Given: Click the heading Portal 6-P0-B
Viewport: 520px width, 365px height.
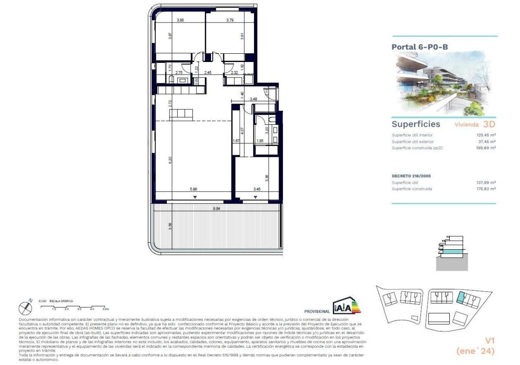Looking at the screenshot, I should [419, 47].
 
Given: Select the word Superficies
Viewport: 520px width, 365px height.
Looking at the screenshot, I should [416, 124].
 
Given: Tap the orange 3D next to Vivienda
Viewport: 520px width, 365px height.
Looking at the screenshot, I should [489, 124].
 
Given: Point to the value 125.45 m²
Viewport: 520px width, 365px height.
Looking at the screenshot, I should [485, 135].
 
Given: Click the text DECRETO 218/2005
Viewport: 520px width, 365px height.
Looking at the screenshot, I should [411, 176].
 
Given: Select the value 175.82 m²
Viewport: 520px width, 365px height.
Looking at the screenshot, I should [485, 189].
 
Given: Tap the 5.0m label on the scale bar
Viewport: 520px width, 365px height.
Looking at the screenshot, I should [105, 309].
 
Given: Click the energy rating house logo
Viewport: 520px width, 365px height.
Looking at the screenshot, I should [346, 306].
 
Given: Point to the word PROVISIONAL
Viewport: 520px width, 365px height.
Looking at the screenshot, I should [317, 311].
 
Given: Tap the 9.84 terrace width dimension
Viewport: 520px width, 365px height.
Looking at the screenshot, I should [217, 209].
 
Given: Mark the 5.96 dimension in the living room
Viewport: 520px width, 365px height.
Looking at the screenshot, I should [194, 189].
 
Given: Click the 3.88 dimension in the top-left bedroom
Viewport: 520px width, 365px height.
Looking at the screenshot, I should [180, 20].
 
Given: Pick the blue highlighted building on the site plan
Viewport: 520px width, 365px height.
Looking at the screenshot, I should [461, 297].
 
